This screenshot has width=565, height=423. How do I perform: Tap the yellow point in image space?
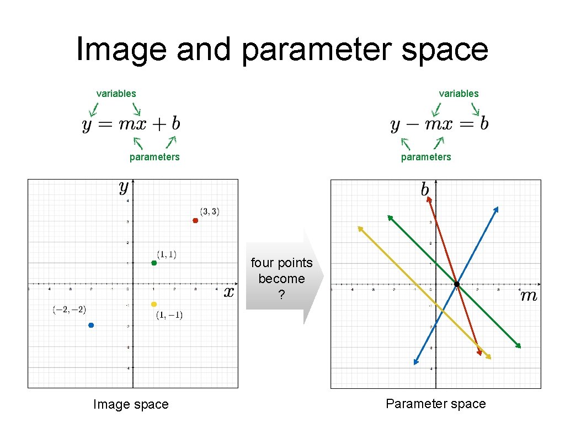tap(154, 304)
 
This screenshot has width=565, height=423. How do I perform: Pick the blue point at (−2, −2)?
tap(91, 325)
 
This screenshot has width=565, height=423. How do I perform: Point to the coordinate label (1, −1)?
tap(169, 315)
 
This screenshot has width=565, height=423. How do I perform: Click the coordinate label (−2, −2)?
tap(70, 310)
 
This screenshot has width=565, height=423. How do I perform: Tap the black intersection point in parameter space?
tap(457, 284)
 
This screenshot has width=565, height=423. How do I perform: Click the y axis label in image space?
tap(124, 188)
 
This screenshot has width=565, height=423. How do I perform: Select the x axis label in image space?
tap(229, 292)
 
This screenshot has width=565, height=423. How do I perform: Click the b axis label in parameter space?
tap(425, 190)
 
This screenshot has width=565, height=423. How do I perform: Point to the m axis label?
tap(529, 296)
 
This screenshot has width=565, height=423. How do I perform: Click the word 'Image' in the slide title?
tap(121, 49)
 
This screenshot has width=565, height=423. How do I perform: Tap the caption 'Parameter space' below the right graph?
tap(435, 404)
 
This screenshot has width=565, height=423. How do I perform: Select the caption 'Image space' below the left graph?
tap(131, 404)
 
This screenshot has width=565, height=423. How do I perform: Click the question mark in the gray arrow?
tap(281, 295)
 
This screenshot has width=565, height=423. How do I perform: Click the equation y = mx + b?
tap(131, 124)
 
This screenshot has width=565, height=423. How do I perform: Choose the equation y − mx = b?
tap(439, 124)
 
